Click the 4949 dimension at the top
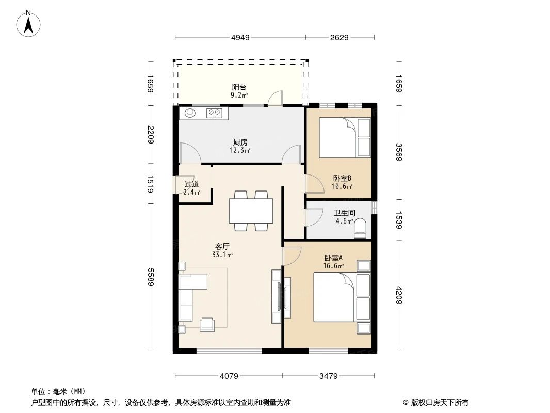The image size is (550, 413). pos(240,37)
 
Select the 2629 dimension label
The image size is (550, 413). pos(339,37)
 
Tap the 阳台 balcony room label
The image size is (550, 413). pos(239,87)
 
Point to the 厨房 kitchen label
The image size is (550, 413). pos(240,142)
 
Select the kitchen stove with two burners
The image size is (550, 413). pos(216,113)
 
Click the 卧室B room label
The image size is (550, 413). pos(342,179)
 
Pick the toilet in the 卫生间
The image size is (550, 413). pos(360,228)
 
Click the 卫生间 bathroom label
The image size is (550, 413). pos(344,213)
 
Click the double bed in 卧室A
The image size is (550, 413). pos(335,297)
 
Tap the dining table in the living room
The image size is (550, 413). pos(251,211)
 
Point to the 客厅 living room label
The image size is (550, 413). pos(222,246)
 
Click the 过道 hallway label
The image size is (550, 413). pos(191,184)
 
